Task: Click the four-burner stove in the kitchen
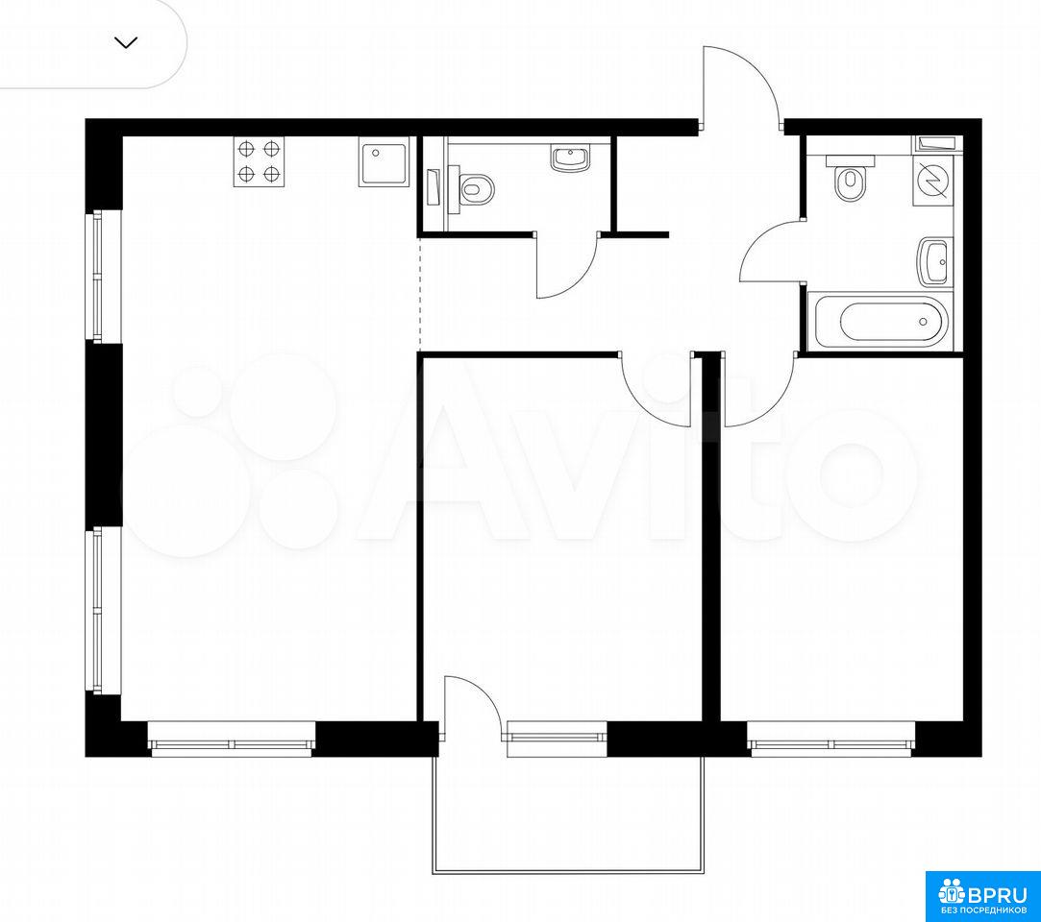pos(259,161)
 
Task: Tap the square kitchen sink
pos(384,161)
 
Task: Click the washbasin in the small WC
pos(569,158)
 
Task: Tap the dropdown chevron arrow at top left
pos(126,43)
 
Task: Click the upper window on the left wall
pos(97,276)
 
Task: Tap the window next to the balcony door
pos(557,737)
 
